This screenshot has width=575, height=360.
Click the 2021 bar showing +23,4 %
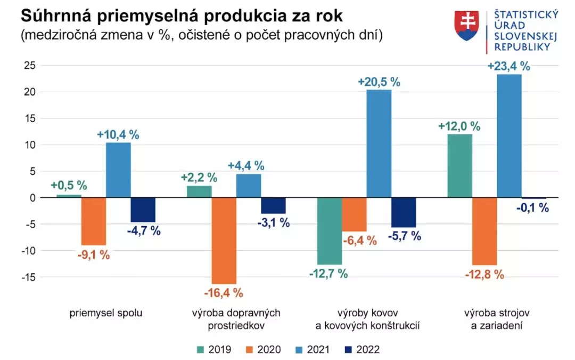[509, 136]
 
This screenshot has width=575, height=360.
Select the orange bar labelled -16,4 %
[224, 241]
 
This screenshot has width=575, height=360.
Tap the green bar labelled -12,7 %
[330, 231]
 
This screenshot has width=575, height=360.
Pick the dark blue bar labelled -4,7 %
[143, 210]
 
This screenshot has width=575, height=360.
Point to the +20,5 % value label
[379, 82]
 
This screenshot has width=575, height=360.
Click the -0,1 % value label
[532, 208]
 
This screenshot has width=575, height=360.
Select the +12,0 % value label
[459, 126]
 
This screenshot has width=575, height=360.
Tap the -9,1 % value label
[93, 254]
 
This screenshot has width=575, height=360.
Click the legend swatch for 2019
[200, 350]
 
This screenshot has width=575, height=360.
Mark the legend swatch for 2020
[249, 350]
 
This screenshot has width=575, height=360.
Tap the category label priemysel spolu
[106, 313]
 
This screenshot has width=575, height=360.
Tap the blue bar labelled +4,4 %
[248, 186]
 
